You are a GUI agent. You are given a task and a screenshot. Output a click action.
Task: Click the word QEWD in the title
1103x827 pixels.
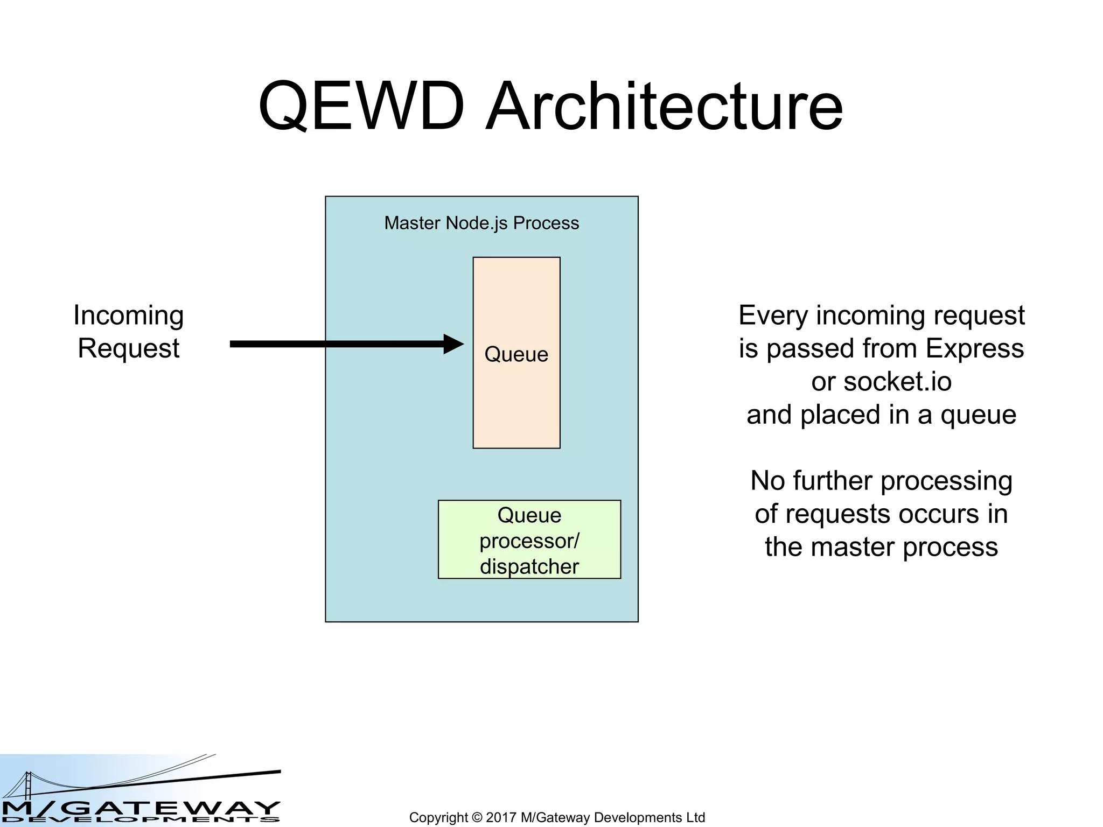coord(361,106)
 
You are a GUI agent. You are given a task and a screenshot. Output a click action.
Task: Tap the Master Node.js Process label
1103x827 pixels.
coord(481,223)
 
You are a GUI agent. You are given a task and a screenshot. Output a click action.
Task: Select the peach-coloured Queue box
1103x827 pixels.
coord(516,398)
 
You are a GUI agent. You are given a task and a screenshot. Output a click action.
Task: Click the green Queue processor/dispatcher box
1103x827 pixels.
coord(529,540)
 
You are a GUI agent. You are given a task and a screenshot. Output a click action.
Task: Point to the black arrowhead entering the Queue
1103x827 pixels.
coord(453,344)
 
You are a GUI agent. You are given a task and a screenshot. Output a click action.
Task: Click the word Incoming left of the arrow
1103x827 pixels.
coord(129,316)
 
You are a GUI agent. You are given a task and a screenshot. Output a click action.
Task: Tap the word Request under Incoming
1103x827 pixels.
coord(129,348)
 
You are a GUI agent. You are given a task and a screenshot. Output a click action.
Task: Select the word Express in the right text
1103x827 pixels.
coord(974,348)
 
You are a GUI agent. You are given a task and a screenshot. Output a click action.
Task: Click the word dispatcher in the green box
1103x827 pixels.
coord(529,566)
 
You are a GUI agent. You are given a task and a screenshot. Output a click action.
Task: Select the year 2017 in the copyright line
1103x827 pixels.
coord(501,817)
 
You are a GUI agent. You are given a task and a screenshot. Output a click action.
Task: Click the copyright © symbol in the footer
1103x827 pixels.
coord(477,817)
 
